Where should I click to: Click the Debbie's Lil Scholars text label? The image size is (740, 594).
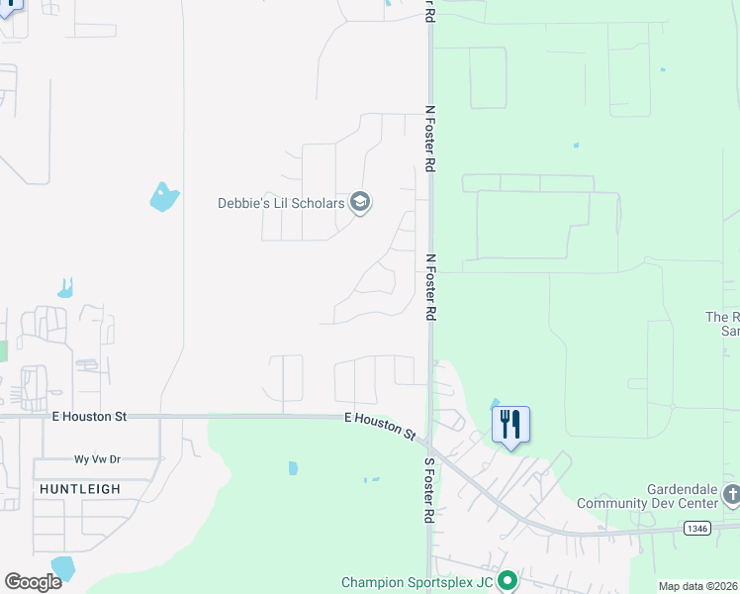click(281, 203)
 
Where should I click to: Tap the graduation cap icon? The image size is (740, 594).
click(360, 203)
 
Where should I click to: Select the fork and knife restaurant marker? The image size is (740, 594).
click(510, 425)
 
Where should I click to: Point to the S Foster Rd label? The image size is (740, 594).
click(429, 490)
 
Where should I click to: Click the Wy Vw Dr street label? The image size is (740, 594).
click(97, 459)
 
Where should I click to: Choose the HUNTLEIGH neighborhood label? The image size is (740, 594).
click(80, 489)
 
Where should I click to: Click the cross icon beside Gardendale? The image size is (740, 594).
click(731, 494)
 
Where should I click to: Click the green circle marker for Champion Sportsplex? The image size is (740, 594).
click(508, 581)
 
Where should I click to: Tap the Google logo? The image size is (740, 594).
click(33, 581)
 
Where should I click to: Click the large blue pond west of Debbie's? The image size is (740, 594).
click(163, 196)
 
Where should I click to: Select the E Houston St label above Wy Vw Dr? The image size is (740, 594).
click(89, 418)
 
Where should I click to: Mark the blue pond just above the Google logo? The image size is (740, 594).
click(62, 566)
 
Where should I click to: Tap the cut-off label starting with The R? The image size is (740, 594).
click(722, 324)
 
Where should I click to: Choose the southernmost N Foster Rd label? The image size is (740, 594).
click(430, 286)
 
